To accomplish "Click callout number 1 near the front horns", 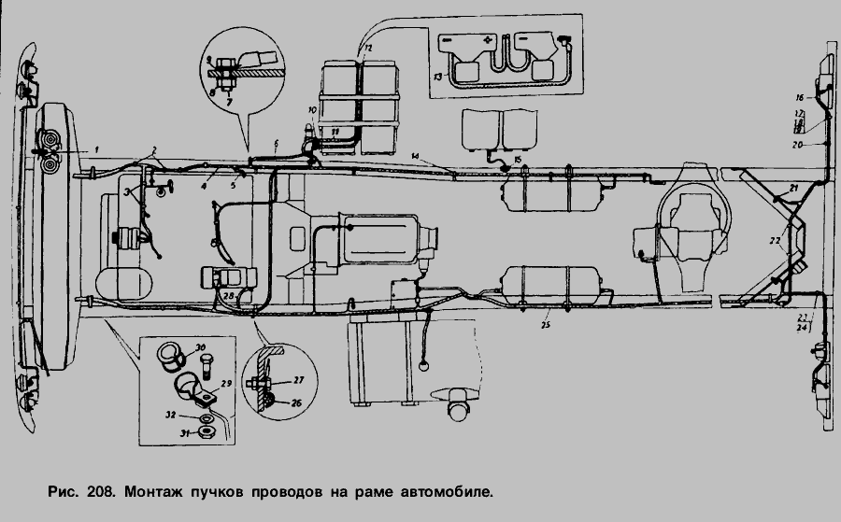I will tap(94, 149).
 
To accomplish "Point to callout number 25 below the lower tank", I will tap(546, 324).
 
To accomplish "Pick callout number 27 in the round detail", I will tap(298, 379).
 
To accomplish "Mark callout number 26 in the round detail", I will tap(298, 404).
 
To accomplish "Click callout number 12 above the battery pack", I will tap(367, 46).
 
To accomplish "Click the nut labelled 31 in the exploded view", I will tap(211, 431).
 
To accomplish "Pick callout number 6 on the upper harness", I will tap(277, 143).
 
